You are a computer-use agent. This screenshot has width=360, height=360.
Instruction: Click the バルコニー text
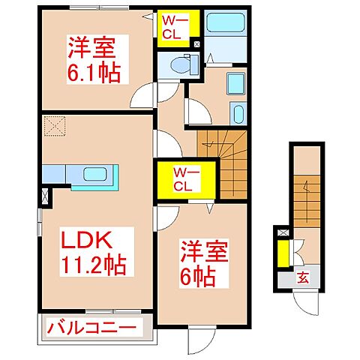[x=93, y=328]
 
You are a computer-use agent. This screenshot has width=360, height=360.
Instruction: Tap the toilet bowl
[x=182, y=66]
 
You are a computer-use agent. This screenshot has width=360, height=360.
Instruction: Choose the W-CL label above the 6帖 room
[x=184, y=180]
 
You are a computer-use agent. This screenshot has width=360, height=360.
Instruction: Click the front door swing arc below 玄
[x=307, y=304]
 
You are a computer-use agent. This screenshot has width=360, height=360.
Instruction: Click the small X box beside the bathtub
[x=196, y=44]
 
